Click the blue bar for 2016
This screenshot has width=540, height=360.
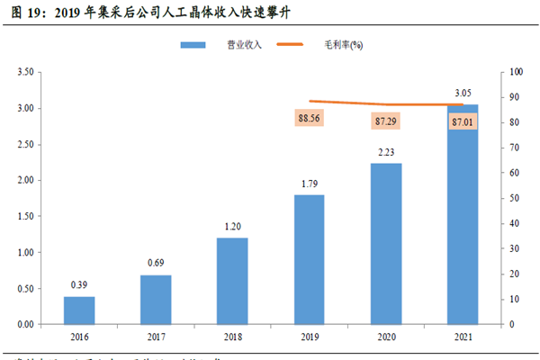coord(79,310)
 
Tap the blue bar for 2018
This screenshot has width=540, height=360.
coord(231,281)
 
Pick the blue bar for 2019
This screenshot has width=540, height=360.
coord(309,259)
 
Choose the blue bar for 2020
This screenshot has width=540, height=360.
coord(385,243)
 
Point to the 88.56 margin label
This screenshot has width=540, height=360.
coord(309,117)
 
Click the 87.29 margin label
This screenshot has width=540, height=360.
coord(385,120)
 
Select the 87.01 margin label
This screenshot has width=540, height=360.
coord(463,120)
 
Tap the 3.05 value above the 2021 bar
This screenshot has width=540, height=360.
coord(463,93)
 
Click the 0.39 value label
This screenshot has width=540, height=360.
coord(79,285)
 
